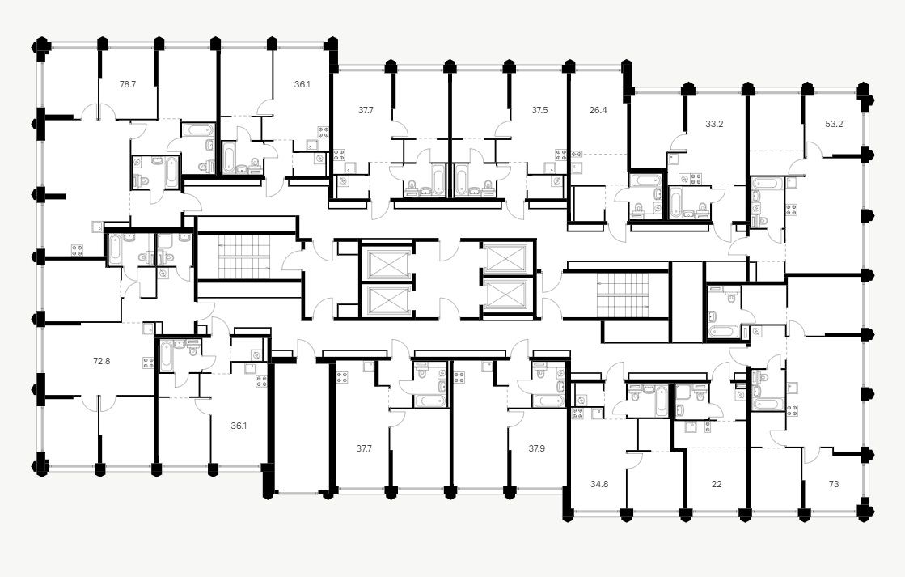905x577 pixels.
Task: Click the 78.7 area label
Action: click(128, 83)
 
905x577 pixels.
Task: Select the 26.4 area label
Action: click(598, 110)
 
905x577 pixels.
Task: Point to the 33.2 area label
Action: click(714, 125)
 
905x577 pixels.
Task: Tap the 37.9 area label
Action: click(537, 448)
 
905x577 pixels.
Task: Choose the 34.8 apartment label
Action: click(598, 485)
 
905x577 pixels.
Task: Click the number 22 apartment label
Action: click(717, 485)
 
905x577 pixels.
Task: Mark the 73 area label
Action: click(834, 485)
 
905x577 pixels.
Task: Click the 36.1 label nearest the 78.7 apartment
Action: click(302, 83)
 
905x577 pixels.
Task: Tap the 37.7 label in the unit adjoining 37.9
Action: click(364, 448)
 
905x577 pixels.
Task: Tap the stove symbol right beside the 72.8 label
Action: click(148, 363)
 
